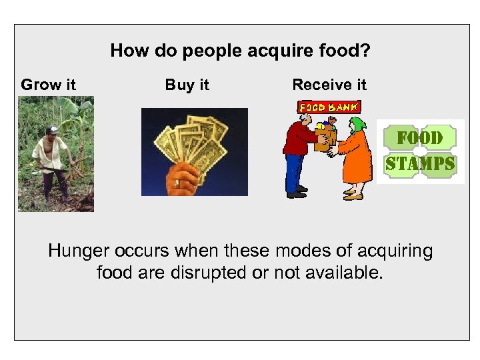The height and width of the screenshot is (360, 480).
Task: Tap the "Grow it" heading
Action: [x=48, y=85]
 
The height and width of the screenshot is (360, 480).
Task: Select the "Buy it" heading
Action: [x=187, y=85]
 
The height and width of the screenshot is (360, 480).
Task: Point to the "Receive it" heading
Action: [x=329, y=85]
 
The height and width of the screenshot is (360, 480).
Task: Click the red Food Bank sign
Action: [x=328, y=107]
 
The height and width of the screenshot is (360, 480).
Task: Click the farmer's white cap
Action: [x=53, y=129]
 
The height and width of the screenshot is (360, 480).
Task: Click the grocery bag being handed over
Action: [x=324, y=139]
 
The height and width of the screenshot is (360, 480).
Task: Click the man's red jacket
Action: [x=296, y=140]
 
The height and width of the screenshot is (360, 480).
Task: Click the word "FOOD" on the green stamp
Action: [x=420, y=138]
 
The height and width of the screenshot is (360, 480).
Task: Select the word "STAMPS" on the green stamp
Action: [x=420, y=163]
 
